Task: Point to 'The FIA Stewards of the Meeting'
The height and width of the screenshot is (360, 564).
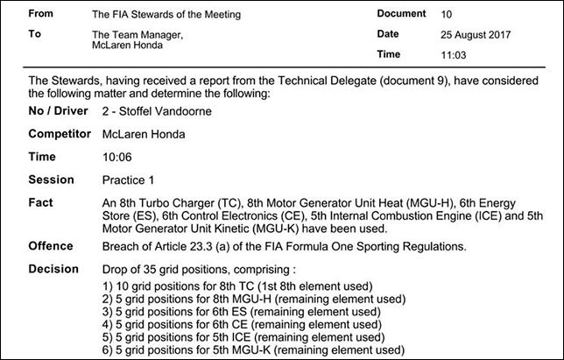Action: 166,15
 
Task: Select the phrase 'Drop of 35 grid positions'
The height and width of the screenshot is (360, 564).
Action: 168,268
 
